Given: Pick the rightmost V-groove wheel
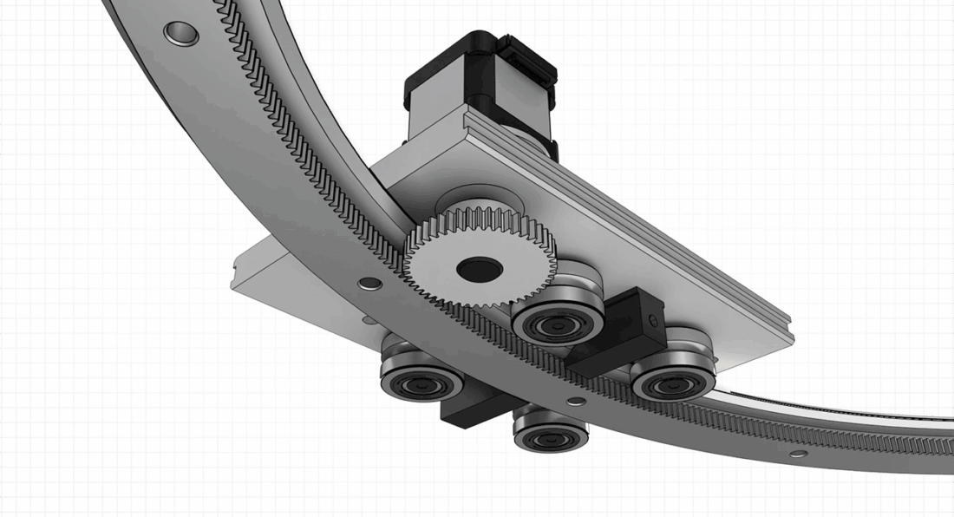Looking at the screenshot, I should (x=673, y=375).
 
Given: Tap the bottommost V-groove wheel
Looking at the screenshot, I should (x=551, y=431).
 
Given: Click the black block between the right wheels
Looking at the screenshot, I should (x=619, y=330).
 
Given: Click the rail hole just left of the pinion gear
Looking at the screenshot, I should (x=370, y=283).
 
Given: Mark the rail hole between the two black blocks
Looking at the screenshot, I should (x=575, y=401).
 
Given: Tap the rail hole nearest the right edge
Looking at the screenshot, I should (x=798, y=454).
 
